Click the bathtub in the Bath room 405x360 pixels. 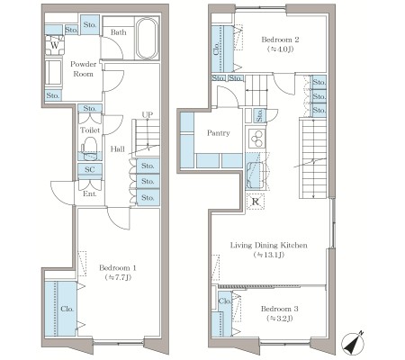[x=147, y=39]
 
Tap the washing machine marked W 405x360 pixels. [x=55, y=45]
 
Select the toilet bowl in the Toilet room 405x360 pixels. [x=89, y=148]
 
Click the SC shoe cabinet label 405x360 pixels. [x=89, y=169]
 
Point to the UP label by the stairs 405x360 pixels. [x=148, y=114]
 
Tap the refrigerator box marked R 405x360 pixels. [x=256, y=202]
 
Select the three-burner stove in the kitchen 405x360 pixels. [x=256, y=139]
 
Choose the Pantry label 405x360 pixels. [x=219, y=133]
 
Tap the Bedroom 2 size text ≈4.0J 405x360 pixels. [x=280, y=49]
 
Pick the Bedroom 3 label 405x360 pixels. [x=280, y=309]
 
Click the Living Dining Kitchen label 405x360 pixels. [x=269, y=245]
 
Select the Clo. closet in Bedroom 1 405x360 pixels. [x=60, y=309]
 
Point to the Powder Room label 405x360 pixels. [x=84, y=68]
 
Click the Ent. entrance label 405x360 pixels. [x=90, y=193]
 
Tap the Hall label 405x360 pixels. [x=118, y=149]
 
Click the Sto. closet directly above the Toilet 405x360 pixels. [x=90, y=108]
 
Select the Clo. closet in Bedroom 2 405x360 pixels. [x=222, y=49]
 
